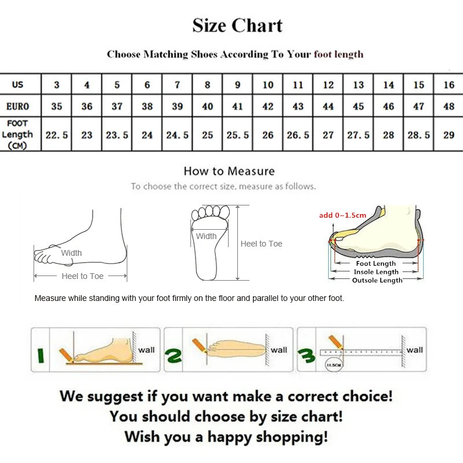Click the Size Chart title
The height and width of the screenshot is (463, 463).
point(237,26)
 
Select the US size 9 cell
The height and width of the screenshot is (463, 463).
point(237,85)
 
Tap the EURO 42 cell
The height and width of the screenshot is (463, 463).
point(268,106)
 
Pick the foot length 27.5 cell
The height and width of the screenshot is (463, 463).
point(358,135)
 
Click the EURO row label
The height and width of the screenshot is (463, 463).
point(18,106)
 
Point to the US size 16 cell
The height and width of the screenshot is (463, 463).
point(449,85)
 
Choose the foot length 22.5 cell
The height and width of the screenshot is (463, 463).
point(57,135)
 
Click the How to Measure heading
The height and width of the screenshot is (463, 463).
point(229,171)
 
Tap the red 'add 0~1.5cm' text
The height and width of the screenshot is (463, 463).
point(343,215)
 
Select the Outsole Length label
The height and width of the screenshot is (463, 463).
point(377,280)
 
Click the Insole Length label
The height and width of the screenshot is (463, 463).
point(376,272)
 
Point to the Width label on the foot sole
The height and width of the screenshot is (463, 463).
point(206,236)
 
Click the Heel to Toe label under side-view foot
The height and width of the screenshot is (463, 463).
point(82,276)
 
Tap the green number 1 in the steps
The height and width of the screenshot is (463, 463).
point(39,354)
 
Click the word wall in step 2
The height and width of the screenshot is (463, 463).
point(279,350)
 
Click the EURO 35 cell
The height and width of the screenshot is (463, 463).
point(57,106)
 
